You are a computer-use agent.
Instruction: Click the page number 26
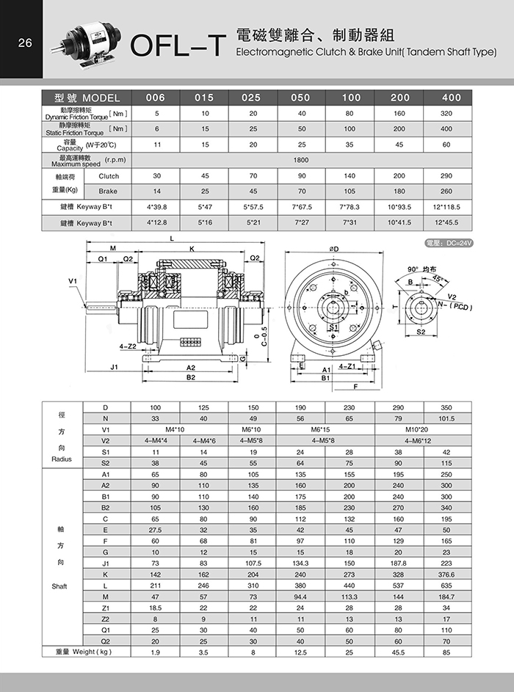24,43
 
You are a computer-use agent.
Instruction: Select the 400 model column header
452,98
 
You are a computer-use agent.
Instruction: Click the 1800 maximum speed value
300,159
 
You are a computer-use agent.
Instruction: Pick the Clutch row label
108,176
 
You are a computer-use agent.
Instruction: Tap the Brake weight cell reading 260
452,191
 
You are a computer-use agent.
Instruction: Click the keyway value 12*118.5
452,207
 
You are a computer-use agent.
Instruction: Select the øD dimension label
335,250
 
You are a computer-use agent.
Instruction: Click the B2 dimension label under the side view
190,376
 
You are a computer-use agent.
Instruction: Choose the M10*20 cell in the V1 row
426,429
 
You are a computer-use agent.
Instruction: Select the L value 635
446,586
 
